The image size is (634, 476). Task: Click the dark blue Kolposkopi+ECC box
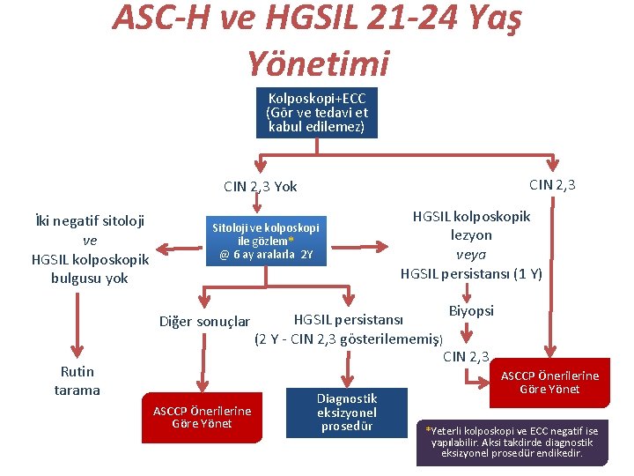316,113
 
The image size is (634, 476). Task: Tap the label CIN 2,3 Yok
261,186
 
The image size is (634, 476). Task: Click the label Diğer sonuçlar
204,321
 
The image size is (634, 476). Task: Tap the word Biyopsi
471,310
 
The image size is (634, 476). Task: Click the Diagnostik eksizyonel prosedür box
347,413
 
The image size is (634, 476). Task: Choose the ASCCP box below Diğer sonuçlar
202,417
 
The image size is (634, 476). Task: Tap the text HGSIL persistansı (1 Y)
471,273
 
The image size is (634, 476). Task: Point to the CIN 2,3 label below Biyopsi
466,356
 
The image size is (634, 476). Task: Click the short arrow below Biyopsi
467,335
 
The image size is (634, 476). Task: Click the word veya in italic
471,254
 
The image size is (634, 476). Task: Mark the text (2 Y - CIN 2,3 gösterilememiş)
349,338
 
